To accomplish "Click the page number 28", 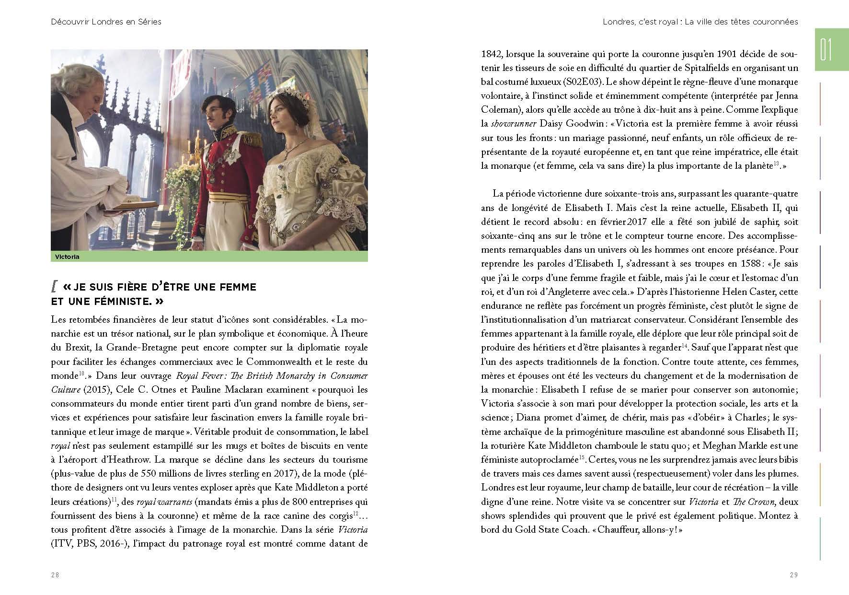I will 55,575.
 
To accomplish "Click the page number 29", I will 793,575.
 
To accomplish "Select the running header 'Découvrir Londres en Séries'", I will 106,22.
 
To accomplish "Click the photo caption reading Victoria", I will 67,257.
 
